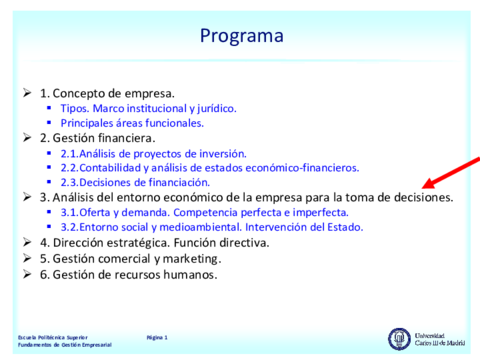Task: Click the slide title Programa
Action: click(242, 36)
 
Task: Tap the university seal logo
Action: click(399, 339)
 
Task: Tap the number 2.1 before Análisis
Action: click(69, 154)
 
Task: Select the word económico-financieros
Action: click(302, 168)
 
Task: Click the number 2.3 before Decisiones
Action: click(69, 183)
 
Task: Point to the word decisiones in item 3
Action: click(424, 197)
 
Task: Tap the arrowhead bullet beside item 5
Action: click(27, 258)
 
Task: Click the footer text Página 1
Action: click(157, 338)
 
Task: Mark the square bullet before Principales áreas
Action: click(49, 123)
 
